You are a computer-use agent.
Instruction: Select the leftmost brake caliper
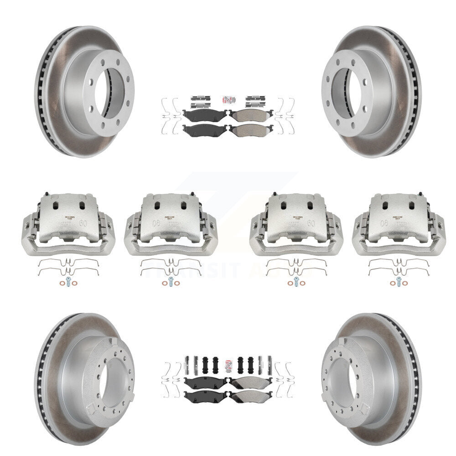click(x=68, y=224)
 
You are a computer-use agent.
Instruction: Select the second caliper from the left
click(x=171, y=224)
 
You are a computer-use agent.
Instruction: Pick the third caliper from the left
click(x=296, y=224)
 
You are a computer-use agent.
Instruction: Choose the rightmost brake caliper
click(x=399, y=224)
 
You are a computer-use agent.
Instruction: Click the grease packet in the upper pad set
click(x=228, y=99)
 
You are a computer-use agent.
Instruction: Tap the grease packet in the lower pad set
click(x=228, y=365)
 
